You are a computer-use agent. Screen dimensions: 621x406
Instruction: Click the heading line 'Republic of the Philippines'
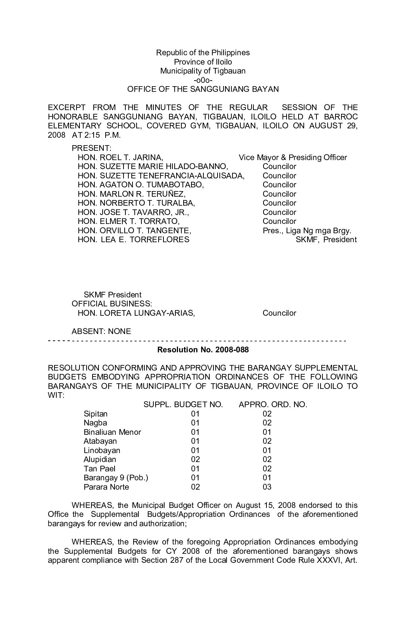pyautogui.click(x=203, y=53)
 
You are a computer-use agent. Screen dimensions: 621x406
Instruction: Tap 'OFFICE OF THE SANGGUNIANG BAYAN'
pyautogui.click(x=203, y=89)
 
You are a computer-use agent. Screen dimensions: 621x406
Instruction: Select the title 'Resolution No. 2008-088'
pyautogui.click(x=203, y=350)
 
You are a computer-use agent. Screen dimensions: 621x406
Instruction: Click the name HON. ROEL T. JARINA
pyautogui.click(x=120, y=157)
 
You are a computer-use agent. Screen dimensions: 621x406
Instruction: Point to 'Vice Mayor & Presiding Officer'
pyautogui.click(x=293, y=157)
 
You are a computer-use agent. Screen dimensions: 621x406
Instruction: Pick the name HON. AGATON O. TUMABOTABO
pyautogui.click(x=141, y=185)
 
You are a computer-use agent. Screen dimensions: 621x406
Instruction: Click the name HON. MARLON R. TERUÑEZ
pyautogui.click(x=131, y=194)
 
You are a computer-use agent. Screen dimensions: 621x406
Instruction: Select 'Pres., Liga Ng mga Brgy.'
pyautogui.click(x=307, y=231)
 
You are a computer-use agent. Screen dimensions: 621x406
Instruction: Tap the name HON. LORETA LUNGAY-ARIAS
pyautogui.click(x=136, y=313)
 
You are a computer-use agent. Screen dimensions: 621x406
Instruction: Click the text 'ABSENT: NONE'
pyautogui.click(x=101, y=331)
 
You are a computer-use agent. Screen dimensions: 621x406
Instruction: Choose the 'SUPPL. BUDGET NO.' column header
pyautogui.click(x=183, y=405)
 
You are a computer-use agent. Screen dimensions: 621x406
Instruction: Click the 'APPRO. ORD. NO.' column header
pyautogui.click(x=273, y=405)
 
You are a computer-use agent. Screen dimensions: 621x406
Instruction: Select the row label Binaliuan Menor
pyautogui.click(x=112, y=432)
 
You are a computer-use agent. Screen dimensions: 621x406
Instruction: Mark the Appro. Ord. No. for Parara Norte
pyautogui.click(x=267, y=487)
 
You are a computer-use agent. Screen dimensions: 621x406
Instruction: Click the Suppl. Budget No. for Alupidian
pyautogui.click(x=195, y=459)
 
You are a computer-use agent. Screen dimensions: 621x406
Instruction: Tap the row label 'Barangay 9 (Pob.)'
pyautogui.click(x=116, y=478)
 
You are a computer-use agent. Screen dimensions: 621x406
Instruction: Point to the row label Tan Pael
pyautogui.click(x=100, y=469)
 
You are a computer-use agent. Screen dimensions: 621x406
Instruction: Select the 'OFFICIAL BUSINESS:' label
pyautogui.click(x=112, y=304)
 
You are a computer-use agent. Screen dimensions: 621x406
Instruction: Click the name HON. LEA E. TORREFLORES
pyautogui.click(x=133, y=240)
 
